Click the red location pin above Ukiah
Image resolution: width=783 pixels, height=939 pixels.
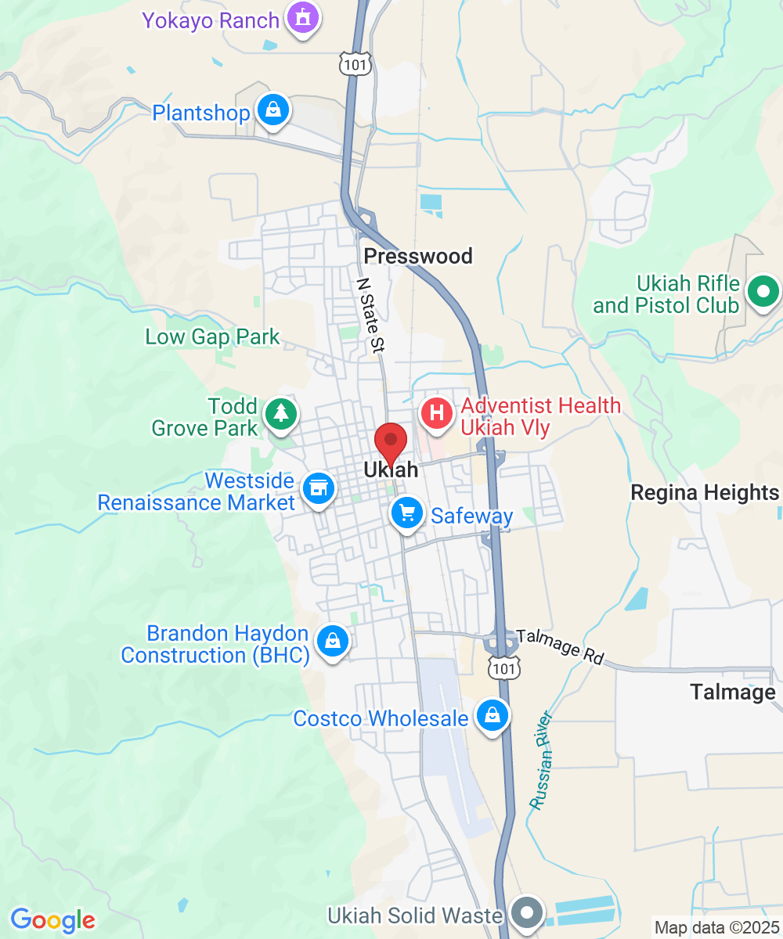(x=390, y=442)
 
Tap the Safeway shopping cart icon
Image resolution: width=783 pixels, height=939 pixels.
(x=406, y=514)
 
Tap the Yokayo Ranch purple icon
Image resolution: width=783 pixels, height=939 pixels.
(x=301, y=16)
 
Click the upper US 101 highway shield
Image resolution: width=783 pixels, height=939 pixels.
(x=355, y=63)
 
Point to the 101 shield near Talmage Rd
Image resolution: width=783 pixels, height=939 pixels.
(x=502, y=667)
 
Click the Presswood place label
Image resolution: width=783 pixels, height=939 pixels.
(x=418, y=257)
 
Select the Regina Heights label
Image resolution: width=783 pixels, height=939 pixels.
(x=705, y=493)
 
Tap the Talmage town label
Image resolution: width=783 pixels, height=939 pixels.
(x=733, y=692)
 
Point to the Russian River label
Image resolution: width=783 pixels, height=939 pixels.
(x=541, y=760)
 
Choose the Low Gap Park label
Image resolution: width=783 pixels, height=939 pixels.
(x=212, y=337)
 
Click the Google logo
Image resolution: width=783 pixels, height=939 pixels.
(x=52, y=920)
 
